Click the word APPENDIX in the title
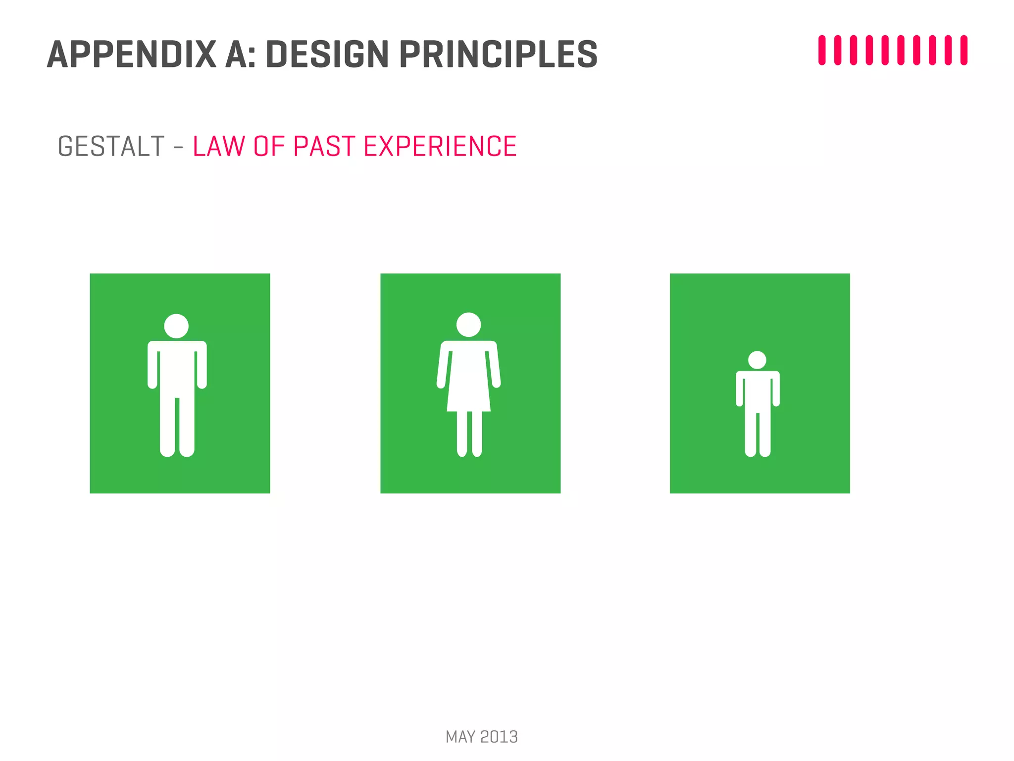tap(132, 54)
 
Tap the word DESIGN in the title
tap(327, 54)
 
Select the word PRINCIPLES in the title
tap(498, 54)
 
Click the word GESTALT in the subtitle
tap(111, 147)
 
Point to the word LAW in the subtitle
tap(218, 147)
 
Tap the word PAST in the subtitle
tap(324, 147)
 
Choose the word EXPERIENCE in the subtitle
tap(440, 147)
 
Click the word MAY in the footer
tap(460, 737)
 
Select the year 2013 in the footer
tap(499, 737)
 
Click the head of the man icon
tap(176, 326)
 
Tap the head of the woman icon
tap(468, 325)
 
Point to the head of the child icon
tap(757, 360)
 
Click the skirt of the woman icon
tap(468, 391)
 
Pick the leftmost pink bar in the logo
tap(822, 50)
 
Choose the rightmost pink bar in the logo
tap(964, 50)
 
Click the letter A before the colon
tap(236, 54)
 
